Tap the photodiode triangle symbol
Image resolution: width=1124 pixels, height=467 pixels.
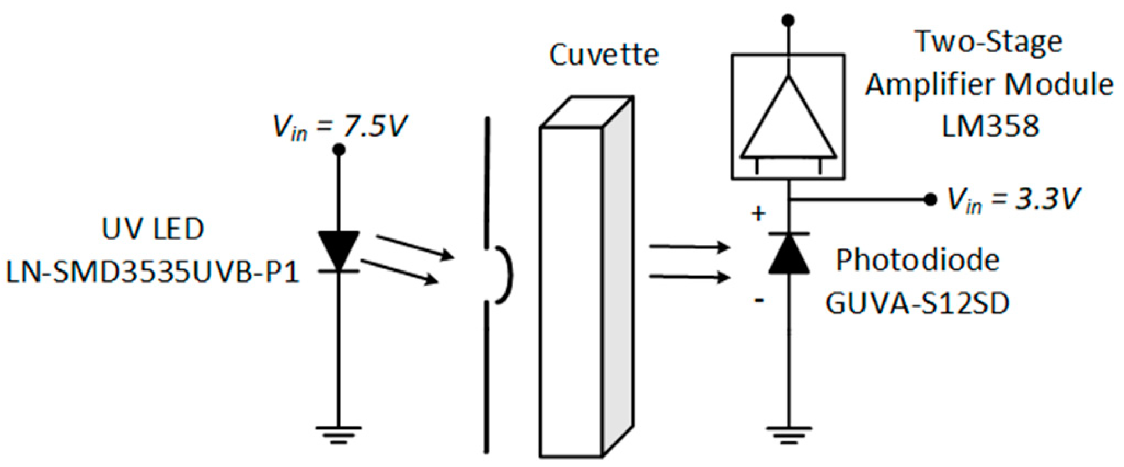click(x=789, y=255)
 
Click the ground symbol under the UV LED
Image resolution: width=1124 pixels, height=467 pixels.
click(x=339, y=434)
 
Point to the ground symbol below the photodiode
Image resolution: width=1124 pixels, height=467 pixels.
click(x=788, y=434)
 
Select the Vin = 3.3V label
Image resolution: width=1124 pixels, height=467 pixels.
click(x=1013, y=199)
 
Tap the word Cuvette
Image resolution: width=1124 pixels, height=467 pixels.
click(x=604, y=55)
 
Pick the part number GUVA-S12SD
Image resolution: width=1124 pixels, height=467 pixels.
click(x=917, y=303)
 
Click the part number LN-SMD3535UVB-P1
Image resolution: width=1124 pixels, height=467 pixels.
click(x=152, y=272)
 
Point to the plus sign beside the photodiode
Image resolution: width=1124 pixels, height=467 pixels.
click(x=758, y=213)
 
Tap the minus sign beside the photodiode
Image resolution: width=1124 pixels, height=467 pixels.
click(x=759, y=301)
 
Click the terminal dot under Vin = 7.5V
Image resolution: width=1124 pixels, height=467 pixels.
click(x=339, y=150)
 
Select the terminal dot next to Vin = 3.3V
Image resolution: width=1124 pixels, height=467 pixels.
click(x=930, y=200)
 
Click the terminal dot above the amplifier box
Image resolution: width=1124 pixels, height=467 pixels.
click(x=788, y=21)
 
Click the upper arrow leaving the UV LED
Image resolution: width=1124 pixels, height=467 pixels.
click(x=414, y=247)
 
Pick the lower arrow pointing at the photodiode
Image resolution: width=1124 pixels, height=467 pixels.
click(x=689, y=277)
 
